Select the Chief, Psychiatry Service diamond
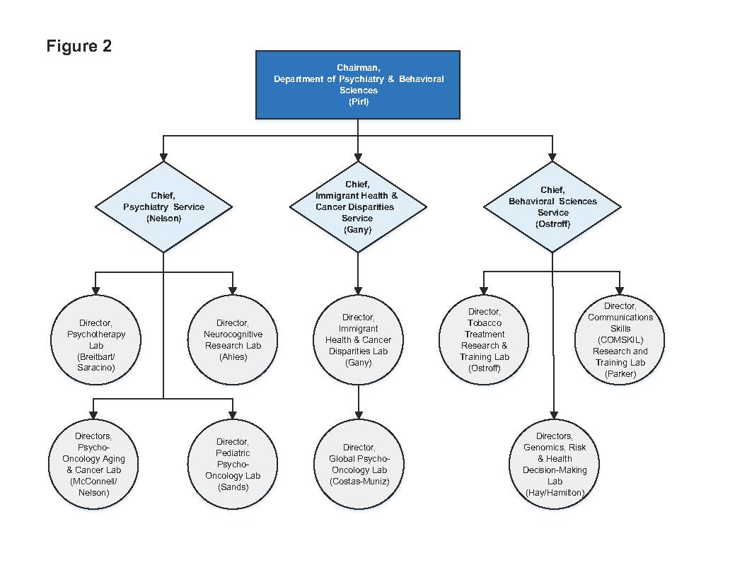click(163, 206)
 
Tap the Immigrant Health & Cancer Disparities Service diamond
click(358, 206)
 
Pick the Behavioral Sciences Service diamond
click(552, 206)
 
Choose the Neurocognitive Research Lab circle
click(233, 340)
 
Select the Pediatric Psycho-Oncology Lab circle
click(233, 464)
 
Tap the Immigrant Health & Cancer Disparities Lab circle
click(358, 340)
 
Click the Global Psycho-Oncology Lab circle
click(358, 464)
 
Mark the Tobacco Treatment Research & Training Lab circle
click(484, 340)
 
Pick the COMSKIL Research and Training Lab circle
click(620, 340)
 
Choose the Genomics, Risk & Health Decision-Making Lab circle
click(552, 464)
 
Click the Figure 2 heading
click(79, 47)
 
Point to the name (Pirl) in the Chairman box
click(359, 102)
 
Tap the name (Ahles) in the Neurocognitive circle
click(233, 357)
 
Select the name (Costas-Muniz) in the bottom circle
click(359, 482)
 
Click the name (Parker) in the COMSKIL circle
click(620, 374)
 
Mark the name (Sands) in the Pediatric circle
click(233, 487)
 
